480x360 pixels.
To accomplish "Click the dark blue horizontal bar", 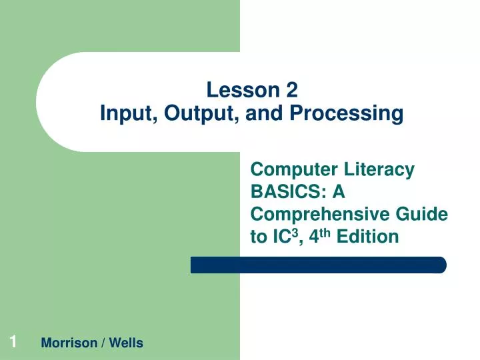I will [318, 265].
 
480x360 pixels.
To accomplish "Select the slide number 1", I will [13, 343].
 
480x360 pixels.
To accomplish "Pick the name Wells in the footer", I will [125, 343].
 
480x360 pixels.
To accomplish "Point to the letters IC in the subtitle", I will [276, 237].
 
